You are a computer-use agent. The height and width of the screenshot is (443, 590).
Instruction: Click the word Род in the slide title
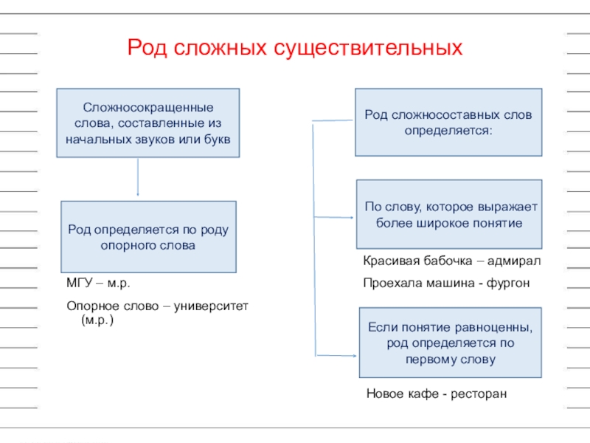(x=145, y=49)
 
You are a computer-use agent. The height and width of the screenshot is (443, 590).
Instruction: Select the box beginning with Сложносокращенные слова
(x=148, y=123)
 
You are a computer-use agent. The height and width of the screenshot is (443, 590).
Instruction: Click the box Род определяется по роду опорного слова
(x=148, y=237)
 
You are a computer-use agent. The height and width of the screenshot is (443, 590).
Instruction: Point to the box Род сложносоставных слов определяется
(x=448, y=123)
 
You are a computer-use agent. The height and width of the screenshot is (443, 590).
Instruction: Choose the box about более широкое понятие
(x=449, y=214)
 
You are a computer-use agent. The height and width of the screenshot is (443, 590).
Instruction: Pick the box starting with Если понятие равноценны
(x=450, y=343)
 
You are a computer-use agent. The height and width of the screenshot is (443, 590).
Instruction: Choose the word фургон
(x=508, y=284)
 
